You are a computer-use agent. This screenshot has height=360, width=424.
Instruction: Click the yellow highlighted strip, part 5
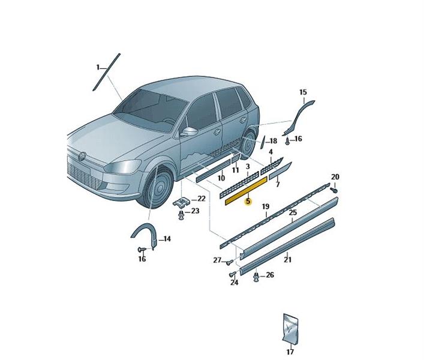pyautogui.click(x=246, y=191)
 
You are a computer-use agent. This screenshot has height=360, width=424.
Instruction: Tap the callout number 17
pyautogui.click(x=290, y=352)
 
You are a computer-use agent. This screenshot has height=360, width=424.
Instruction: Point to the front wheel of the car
pyautogui.click(x=157, y=188)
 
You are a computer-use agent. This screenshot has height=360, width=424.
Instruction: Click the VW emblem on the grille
pyautogui.click(x=82, y=157)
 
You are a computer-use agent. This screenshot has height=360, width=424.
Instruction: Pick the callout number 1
pyautogui.click(x=98, y=67)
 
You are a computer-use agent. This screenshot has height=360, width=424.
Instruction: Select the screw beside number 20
pyautogui.click(x=334, y=190)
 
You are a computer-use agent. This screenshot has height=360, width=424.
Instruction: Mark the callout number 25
pyautogui.click(x=293, y=212)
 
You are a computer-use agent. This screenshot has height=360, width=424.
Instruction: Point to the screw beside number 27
pyautogui.click(x=229, y=262)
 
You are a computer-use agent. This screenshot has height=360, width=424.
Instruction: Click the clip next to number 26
pyautogui.click(x=256, y=277)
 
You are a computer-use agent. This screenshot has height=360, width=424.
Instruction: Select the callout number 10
pyautogui.click(x=221, y=178)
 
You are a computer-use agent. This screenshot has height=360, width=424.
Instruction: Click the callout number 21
pyautogui.click(x=287, y=260)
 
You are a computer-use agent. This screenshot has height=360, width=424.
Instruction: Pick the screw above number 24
pyautogui.click(x=232, y=275)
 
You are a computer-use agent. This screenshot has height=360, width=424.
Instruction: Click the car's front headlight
pyautogui.click(x=122, y=166)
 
